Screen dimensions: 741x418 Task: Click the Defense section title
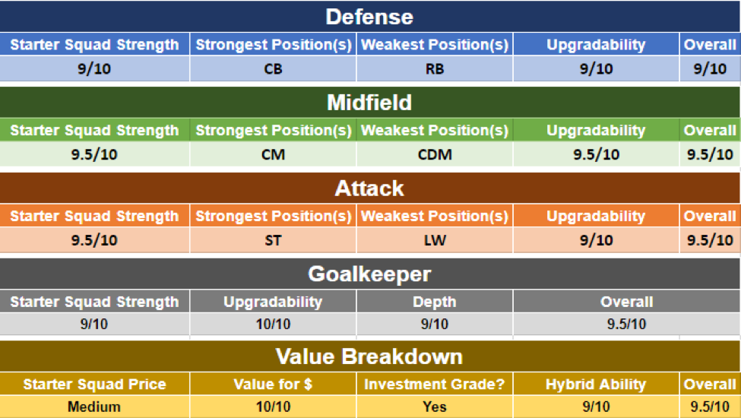tap(369, 17)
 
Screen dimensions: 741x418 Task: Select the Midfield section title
tap(369, 103)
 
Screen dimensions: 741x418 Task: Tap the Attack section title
tap(369, 188)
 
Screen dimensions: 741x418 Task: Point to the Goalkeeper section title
tap(369, 274)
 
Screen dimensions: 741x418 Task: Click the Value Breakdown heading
tap(369, 356)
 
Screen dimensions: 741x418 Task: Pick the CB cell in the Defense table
tap(273, 69)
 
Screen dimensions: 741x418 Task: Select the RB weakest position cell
tap(435, 69)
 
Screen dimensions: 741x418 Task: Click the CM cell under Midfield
tap(273, 154)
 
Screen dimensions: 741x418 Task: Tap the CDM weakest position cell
tap(435, 154)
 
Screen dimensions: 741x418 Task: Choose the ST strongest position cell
tap(273, 240)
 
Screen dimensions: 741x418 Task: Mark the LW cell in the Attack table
tap(435, 240)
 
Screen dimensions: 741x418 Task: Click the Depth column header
tap(435, 302)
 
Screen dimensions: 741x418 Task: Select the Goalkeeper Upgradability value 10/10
tap(273, 324)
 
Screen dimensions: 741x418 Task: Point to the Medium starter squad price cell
tap(94, 407)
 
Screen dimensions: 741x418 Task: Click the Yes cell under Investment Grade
tap(435, 407)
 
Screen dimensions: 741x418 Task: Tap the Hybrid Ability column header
tap(596, 385)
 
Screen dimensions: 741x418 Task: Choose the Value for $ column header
tap(273, 385)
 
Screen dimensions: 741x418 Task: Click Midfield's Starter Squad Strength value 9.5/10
tap(94, 154)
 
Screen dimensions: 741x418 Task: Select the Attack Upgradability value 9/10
tap(597, 240)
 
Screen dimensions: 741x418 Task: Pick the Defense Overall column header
tap(710, 45)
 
